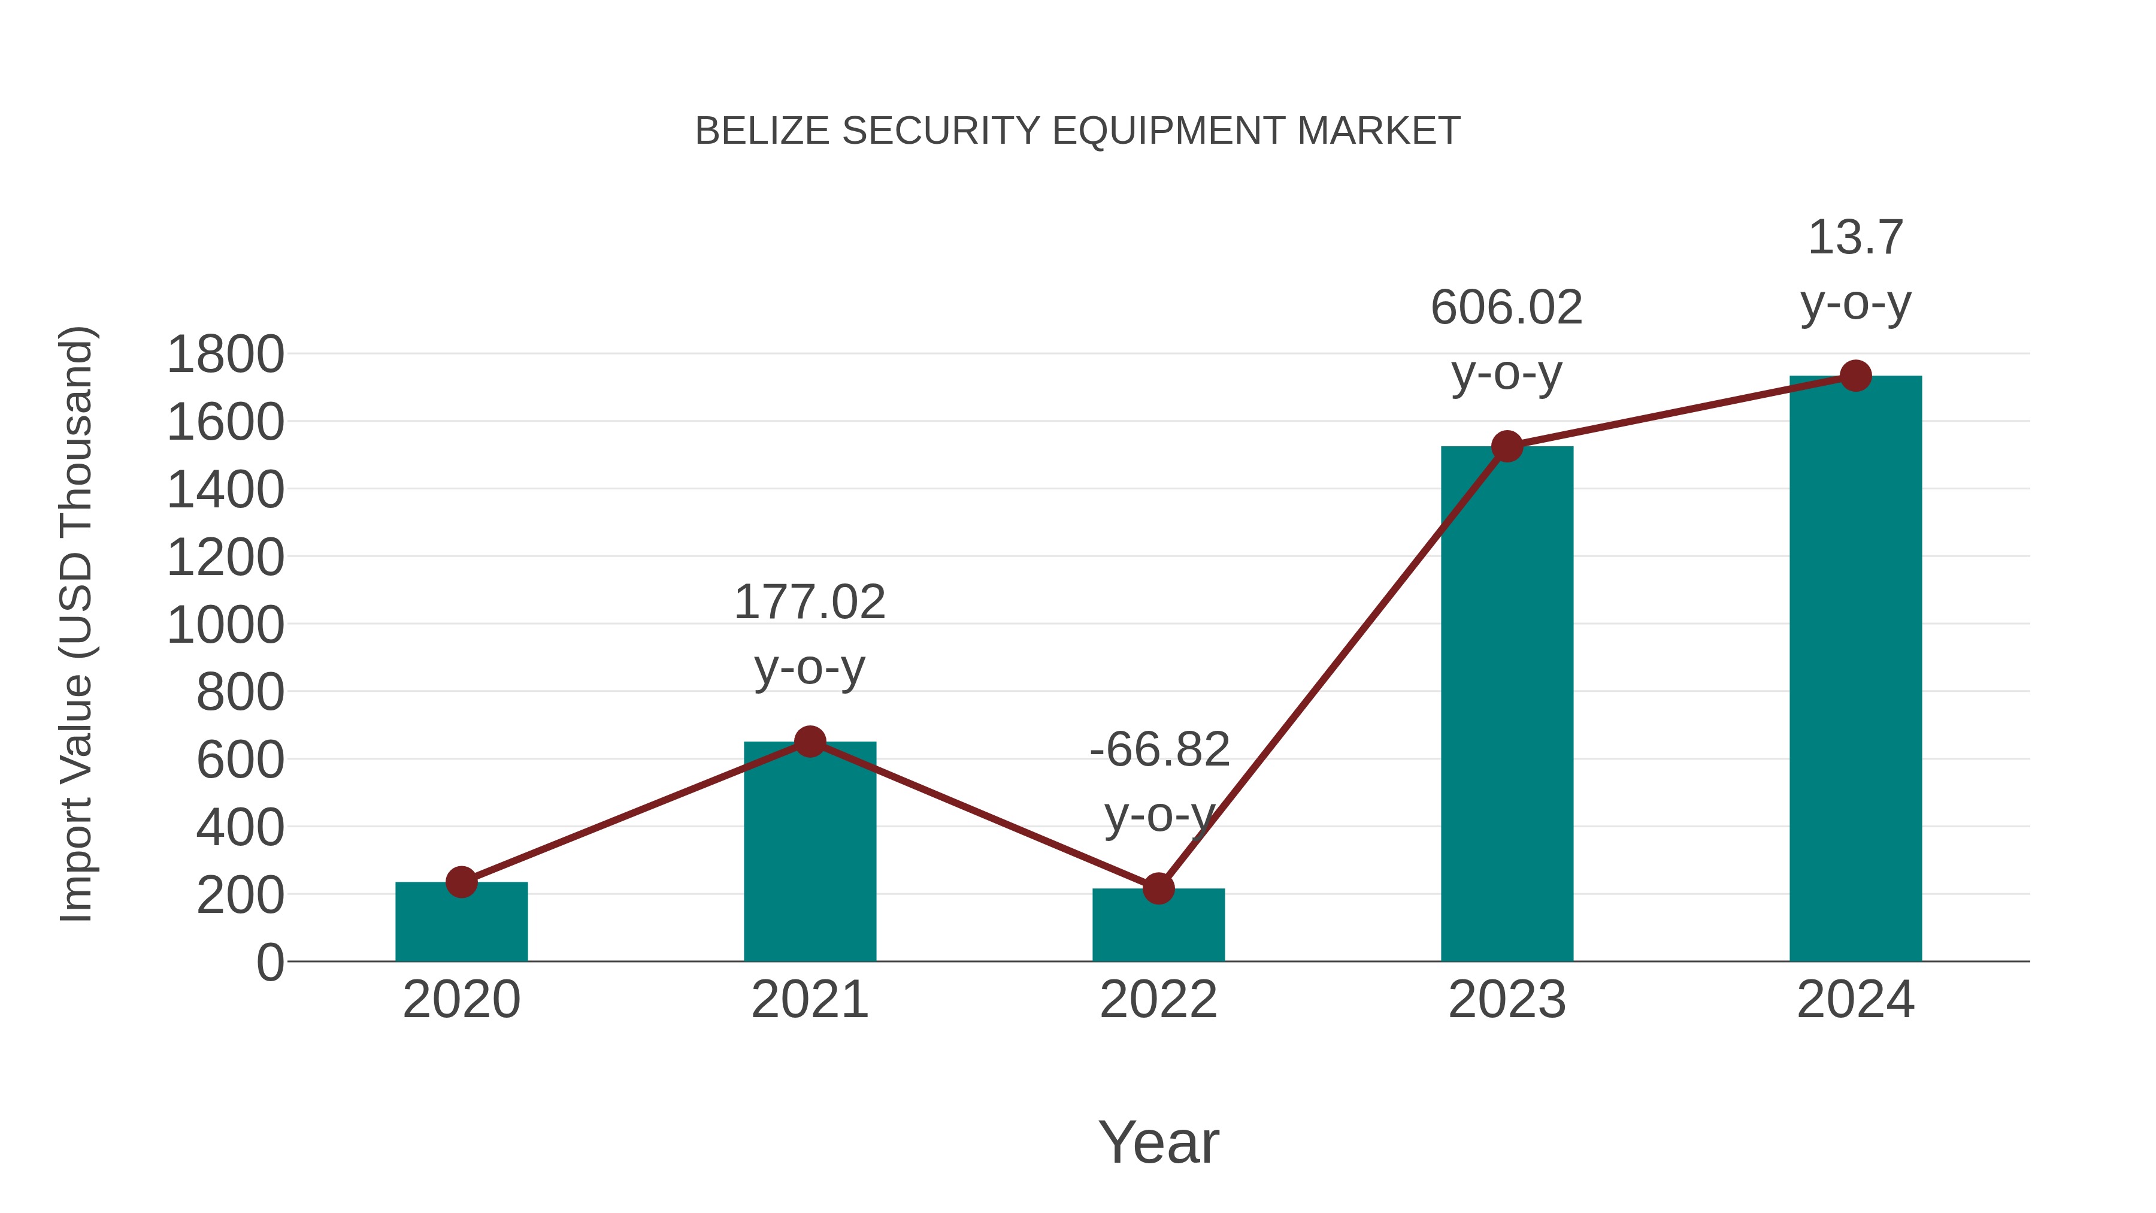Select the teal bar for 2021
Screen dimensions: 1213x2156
click(809, 854)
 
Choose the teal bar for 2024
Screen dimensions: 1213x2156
click(1855, 670)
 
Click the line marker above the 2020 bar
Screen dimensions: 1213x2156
click(461, 882)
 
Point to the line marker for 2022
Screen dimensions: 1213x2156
click(1158, 888)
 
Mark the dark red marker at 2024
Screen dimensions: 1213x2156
click(1855, 376)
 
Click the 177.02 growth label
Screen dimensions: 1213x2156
click(809, 603)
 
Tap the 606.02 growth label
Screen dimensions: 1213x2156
click(1507, 307)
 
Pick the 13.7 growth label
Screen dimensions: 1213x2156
click(1855, 238)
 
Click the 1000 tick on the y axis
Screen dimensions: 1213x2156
click(225, 625)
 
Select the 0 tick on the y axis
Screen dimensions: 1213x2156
click(269, 963)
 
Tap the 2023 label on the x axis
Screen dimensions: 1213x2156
click(1507, 1000)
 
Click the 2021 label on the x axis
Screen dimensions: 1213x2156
click(809, 1000)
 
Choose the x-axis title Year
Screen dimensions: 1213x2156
click(1158, 1142)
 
